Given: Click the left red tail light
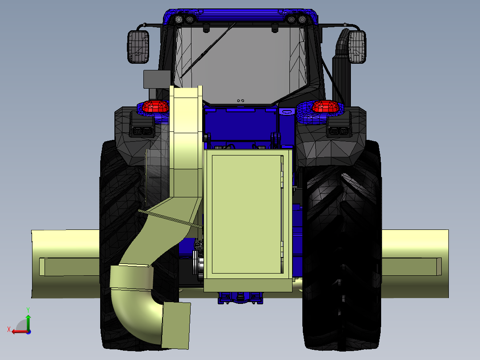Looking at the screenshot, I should (x=155, y=107).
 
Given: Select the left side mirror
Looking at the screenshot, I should (x=138, y=46).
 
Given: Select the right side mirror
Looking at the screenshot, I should (x=357, y=46).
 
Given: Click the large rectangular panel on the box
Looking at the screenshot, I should (x=247, y=214).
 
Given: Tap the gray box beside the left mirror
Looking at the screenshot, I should (x=156, y=79).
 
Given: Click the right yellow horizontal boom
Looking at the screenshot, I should (x=414, y=264).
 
